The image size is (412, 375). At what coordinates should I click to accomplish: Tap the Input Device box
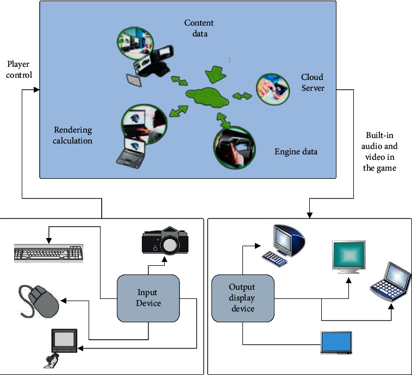[148, 298]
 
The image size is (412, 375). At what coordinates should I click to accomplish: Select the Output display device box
[242, 298]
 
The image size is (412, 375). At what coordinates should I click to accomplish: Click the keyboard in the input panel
[49, 252]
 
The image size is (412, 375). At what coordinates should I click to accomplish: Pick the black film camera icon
[161, 240]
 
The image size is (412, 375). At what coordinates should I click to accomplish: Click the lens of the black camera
[169, 246]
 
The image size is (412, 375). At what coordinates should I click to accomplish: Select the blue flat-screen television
[336, 343]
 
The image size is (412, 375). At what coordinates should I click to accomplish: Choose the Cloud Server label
[313, 83]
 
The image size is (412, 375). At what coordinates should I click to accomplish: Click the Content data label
[199, 28]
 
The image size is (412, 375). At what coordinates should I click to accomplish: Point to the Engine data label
[296, 152]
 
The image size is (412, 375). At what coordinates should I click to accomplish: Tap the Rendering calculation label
[72, 135]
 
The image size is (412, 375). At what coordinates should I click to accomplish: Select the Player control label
[18, 69]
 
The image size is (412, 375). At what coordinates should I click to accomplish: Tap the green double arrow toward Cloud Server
[242, 96]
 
